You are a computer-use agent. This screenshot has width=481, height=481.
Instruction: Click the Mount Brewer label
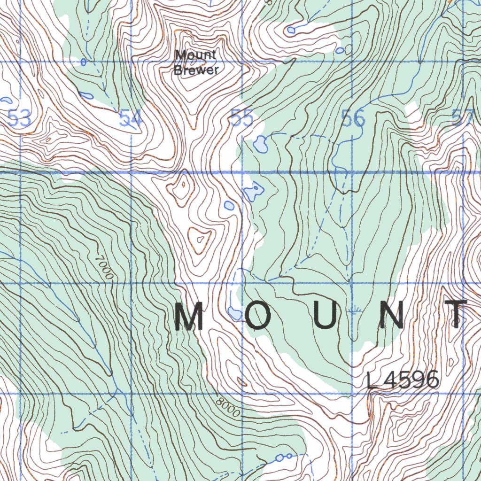[196, 62]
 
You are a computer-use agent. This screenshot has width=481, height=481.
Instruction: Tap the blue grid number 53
[20, 118]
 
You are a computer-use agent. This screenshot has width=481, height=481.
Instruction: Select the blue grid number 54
[130, 118]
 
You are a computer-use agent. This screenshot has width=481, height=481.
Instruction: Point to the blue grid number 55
[241, 118]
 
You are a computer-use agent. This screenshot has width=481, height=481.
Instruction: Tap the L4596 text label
[403, 380]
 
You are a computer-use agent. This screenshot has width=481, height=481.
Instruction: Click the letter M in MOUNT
[189, 317]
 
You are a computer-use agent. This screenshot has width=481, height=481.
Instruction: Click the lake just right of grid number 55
[260, 144]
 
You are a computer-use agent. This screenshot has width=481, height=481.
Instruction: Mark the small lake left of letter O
[234, 313]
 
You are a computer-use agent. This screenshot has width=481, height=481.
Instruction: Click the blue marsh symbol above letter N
[356, 310]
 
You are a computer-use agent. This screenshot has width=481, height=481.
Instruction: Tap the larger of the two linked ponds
[280, 458]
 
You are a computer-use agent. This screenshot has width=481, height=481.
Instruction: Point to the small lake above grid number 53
[6, 100]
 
